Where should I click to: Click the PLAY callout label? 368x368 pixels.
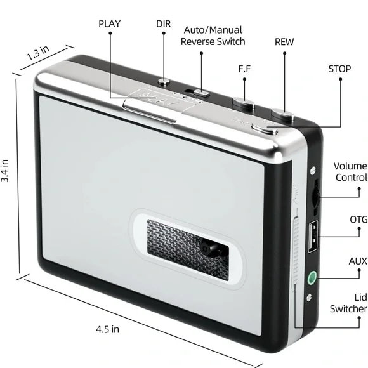coord(109,24)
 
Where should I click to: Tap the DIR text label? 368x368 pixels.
coord(163,24)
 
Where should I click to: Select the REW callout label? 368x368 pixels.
coord(284,42)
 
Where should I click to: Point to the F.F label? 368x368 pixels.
coord(244,69)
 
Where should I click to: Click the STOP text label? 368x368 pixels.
coord(339,69)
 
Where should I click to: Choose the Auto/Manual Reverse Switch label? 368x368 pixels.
coord(213,36)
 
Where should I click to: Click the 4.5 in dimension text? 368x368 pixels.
coord(107,329)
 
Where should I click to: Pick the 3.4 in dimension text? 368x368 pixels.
coord(4,171)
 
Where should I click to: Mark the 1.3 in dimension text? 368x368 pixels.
coord(37,53)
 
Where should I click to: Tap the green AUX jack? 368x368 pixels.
coord(312,277)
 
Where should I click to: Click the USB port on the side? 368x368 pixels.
coord(313,236)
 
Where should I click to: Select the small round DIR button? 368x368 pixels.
coord(164,82)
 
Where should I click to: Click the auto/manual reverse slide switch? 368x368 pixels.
coord(201,93)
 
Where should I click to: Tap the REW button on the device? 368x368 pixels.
coord(283,114)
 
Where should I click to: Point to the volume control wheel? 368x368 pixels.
coord(316,196)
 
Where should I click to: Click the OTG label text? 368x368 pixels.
coord(358,220)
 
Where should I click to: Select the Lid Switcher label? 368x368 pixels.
coord(348,303)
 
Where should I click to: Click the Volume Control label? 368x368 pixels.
coord(350,172)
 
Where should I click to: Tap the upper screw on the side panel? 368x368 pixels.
coord(313,170)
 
